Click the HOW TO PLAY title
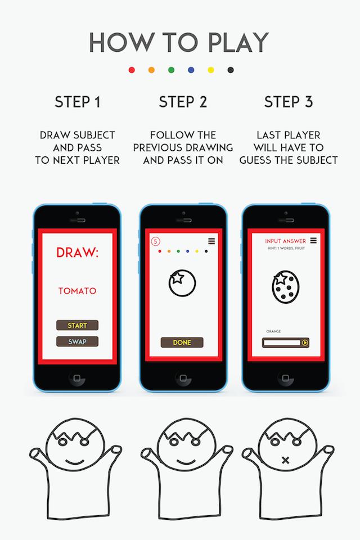click(x=179, y=42)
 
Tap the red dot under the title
click(x=132, y=70)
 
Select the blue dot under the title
click(x=191, y=70)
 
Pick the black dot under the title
click(x=231, y=70)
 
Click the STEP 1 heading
click(x=78, y=102)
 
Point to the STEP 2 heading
click(x=183, y=102)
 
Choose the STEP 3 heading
click(x=289, y=102)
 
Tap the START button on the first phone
click(x=77, y=326)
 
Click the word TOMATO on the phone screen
click(x=77, y=291)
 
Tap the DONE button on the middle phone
click(x=182, y=342)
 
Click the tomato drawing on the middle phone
click(x=182, y=283)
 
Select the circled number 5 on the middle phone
click(x=155, y=241)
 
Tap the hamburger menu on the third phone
click(x=313, y=240)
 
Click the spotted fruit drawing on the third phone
click(x=286, y=288)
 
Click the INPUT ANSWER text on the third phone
click(x=286, y=241)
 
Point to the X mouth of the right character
click(x=285, y=460)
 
